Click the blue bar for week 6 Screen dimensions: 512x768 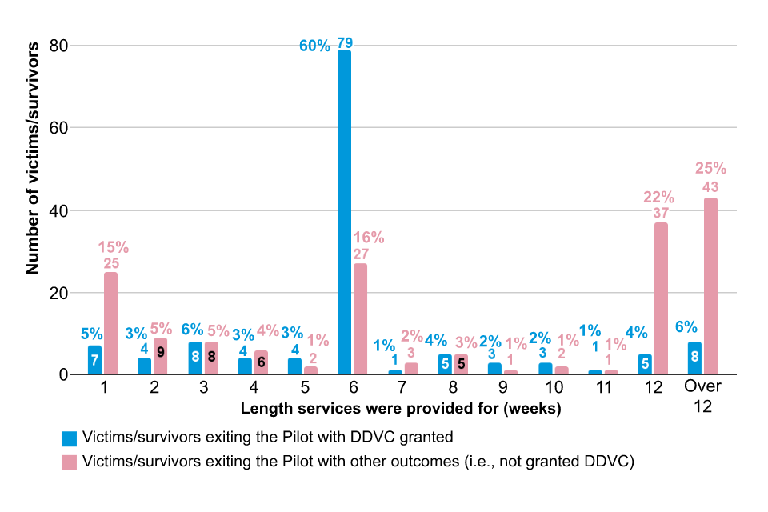click(x=344, y=212)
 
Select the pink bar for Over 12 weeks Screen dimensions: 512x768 click(x=710, y=286)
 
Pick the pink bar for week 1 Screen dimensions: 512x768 click(x=110, y=323)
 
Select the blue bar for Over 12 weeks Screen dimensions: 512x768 click(x=694, y=358)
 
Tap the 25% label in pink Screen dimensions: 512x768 click(x=710, y=169)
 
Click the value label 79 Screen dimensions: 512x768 click(x=345, y=42)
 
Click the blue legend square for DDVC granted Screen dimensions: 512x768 click(x=70, y=438)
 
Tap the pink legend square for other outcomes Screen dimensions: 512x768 click(x=70, y=462)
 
